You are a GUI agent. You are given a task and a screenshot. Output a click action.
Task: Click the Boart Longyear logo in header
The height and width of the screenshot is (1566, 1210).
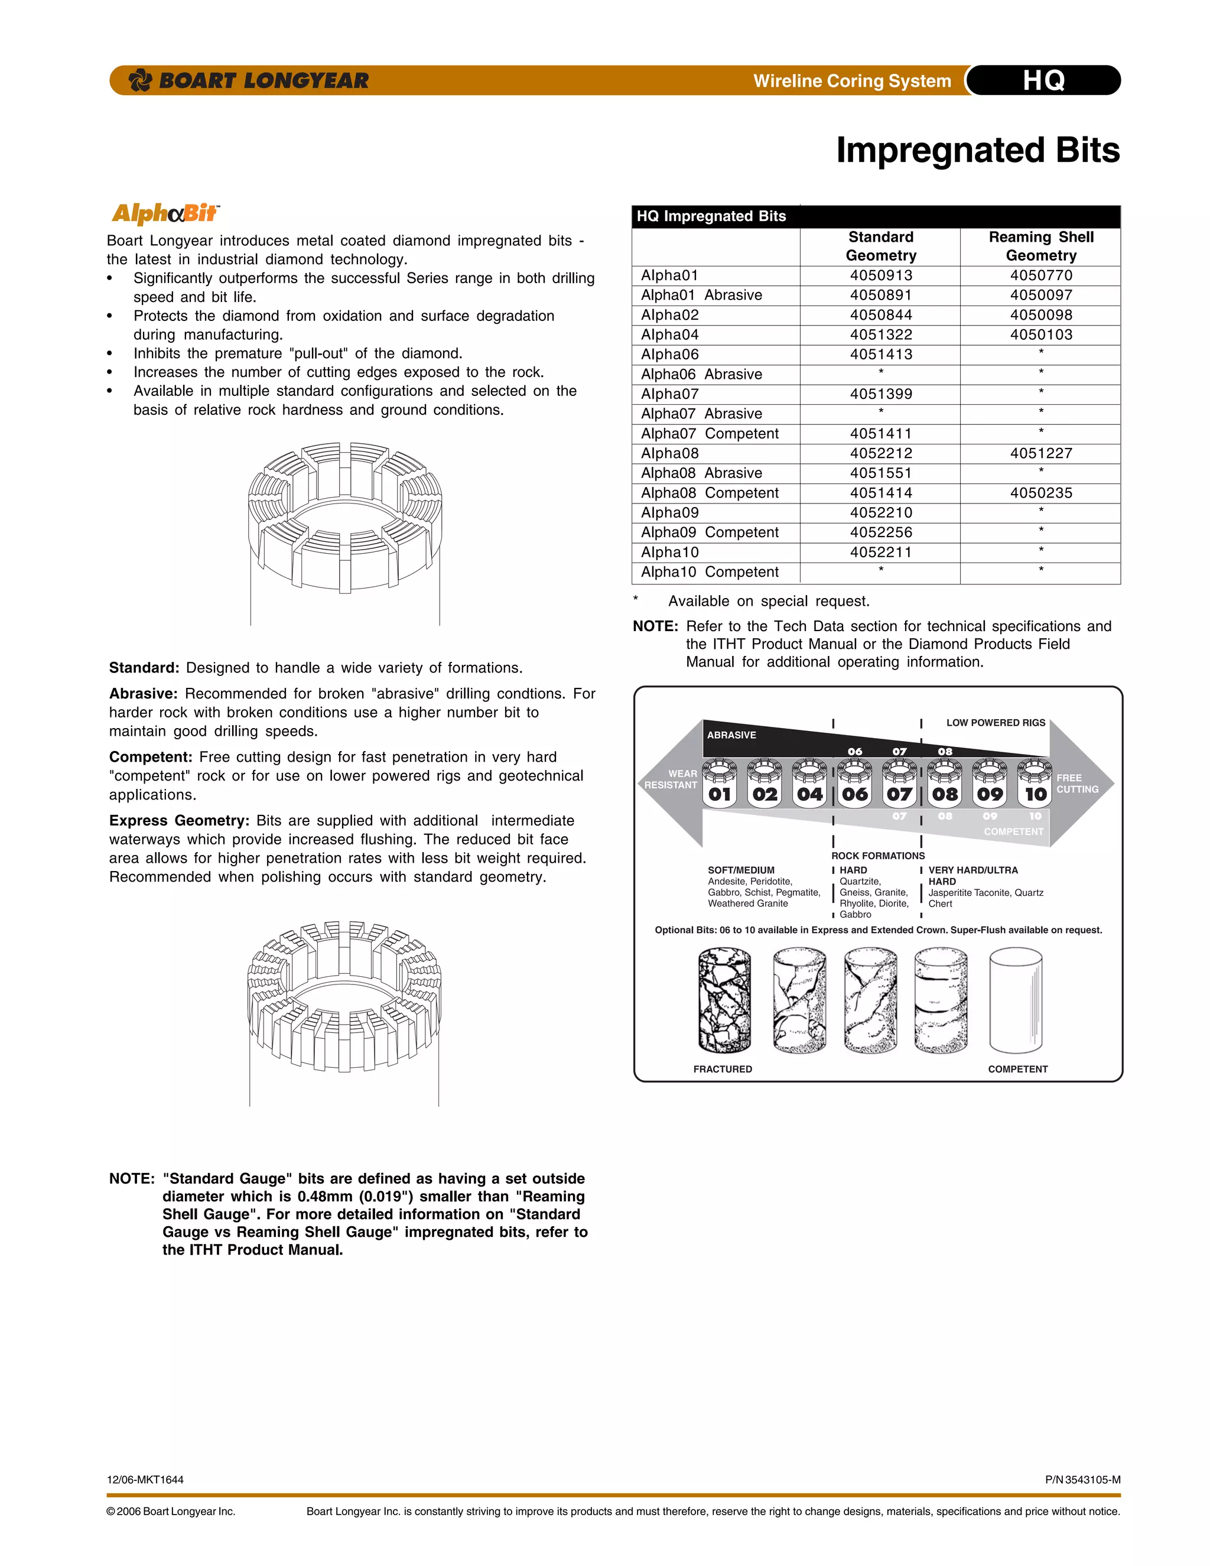click(248, 80)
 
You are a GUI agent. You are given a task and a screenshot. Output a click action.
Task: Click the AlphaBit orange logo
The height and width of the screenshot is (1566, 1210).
click(165, 213)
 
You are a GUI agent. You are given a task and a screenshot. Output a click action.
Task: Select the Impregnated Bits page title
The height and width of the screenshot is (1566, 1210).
click(977, 151)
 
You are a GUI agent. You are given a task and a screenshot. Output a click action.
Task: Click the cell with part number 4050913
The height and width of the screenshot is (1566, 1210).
click(880, 275)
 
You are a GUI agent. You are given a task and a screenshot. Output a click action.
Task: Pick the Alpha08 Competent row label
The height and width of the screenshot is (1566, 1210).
click(710, 493)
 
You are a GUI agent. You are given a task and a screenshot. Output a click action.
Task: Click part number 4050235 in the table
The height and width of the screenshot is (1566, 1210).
click(1041, 493)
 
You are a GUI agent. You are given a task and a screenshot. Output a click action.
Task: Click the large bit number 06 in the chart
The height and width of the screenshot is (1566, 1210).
click(854, 794)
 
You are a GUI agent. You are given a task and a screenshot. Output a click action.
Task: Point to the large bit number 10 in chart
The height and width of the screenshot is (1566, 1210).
click(1035, 794)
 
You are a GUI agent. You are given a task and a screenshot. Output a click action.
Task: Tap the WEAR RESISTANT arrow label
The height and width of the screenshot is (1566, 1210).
click(671, 779)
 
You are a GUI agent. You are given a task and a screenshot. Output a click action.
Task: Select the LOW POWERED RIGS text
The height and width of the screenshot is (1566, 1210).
click(995, 723)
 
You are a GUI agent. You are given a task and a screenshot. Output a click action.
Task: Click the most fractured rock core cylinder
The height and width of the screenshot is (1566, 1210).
click(724, 1001)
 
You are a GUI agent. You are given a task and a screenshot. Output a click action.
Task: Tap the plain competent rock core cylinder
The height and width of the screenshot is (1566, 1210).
click(1015, 1001)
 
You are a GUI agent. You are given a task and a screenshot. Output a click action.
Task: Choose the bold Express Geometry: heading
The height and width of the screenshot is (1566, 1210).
click(179, 820)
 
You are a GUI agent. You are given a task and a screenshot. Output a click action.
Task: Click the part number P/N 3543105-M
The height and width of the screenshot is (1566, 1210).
click(1082, 1479)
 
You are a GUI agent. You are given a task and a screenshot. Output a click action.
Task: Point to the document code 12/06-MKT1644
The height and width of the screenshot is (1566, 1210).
click(145, 1479)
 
